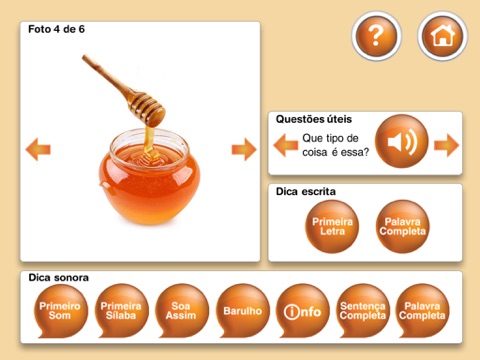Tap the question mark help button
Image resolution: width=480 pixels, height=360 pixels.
(x=376, y=36)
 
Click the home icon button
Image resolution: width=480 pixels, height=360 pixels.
(x=443, y=36)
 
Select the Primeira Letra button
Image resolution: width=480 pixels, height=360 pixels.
(x=332, y=226)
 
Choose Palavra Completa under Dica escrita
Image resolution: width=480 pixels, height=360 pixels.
(x=402, y=226)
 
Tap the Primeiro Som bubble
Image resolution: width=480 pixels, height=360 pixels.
(x=60, y=310)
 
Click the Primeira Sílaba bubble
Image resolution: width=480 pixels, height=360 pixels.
(x=121, y=310)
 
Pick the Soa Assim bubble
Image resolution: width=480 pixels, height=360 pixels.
(x=181, y=310)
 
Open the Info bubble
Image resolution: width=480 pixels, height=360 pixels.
(x=303, y=310)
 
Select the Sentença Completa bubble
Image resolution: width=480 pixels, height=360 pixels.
(x=363, y=310)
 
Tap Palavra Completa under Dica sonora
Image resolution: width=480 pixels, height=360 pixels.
(x=422, y=310)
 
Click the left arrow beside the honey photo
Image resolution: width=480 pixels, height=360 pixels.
(x=38, y=149)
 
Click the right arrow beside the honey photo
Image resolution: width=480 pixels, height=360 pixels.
(x=244, y=149)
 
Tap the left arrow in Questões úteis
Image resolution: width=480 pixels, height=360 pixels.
(x=286, y=145)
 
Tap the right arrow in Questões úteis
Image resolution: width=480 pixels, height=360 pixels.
(x=446, y=145)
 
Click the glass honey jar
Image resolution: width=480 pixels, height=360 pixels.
(x=150, y=177)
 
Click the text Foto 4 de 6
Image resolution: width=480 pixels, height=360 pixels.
(x=56, y=29)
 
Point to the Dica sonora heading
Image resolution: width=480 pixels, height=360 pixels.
(x=59, y=278)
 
